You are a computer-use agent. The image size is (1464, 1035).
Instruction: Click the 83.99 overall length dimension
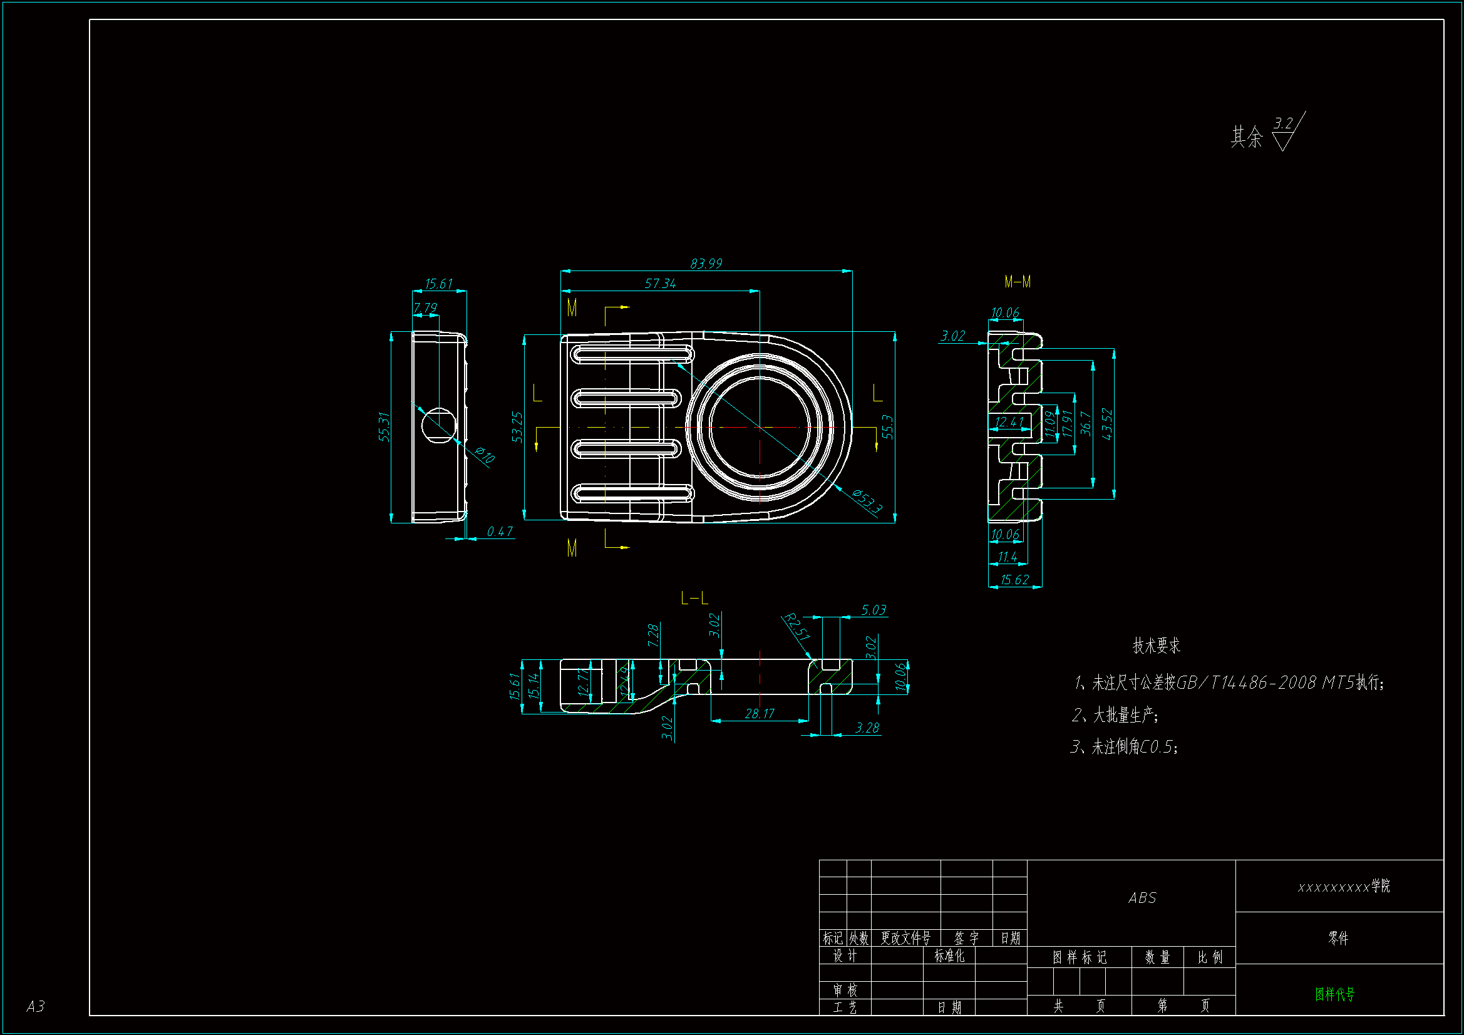[x=706, y=264]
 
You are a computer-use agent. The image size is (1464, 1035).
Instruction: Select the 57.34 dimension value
[x=660, y=283]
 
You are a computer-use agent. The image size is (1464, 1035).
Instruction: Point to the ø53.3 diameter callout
[x=867, y=502]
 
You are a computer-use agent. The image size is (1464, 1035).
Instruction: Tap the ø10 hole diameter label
[x=485, y=455]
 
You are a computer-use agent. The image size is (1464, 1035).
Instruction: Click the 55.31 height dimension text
[x=383, y=426]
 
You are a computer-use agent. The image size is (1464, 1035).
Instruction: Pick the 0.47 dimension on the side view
[x=499, y=531]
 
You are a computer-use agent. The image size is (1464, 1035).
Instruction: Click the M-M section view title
[x=1017, y=282]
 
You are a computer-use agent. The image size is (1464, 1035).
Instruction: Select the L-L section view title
[x=694, y=598]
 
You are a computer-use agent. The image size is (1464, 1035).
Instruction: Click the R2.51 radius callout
[x=796, y=626]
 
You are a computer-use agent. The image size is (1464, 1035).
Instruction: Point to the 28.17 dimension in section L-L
[x=760, y=714]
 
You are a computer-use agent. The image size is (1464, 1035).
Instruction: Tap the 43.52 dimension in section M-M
[x=1107, y=424]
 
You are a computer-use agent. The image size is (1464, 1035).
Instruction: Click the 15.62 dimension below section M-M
[x=1014, y=580]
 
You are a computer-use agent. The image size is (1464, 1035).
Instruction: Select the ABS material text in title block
[x=1142, y=898]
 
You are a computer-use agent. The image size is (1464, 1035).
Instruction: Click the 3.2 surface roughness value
[x=1283, y=123]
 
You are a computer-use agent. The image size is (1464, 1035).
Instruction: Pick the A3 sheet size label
[x=35, y=1006]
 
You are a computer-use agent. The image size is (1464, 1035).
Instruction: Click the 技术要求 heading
[x=1156, y=646]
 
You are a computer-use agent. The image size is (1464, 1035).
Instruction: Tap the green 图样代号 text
[x=1334, y=994]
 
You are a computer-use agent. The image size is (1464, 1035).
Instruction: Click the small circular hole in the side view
[x=439, y=425]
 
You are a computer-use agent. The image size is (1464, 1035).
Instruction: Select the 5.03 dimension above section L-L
[x=874, y=610]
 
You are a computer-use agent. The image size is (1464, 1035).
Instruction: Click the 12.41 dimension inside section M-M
[x=1009, y=421]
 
